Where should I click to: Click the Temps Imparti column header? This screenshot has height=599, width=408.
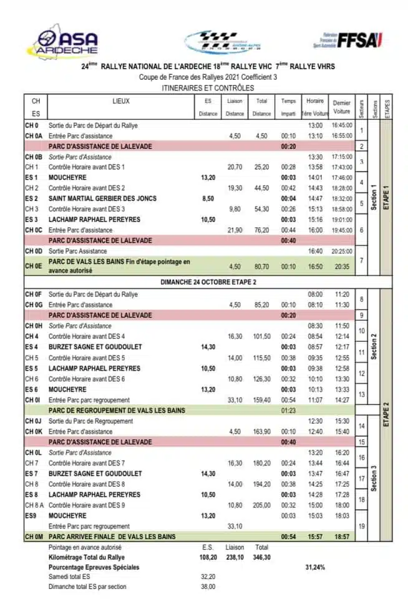[288, 107]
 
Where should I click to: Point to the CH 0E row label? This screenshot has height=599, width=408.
[34, 266]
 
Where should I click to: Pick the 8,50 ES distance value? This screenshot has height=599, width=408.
[208, 198]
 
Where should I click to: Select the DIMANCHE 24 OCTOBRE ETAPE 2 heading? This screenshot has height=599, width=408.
[205, 281]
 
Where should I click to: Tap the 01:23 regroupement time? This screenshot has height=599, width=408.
[288, 410]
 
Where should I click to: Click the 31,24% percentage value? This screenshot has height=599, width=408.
[316, 567]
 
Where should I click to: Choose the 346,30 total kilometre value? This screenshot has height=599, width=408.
[262, 557]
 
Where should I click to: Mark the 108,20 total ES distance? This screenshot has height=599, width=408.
[208, 557]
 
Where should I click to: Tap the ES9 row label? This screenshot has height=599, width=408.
[33, 516]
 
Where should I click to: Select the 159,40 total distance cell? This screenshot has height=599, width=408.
[262, 399]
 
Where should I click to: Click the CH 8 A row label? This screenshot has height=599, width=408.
[35, 505]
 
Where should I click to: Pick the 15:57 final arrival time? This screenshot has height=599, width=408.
[315, 537]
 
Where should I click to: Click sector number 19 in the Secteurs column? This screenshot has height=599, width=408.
[361, 526]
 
